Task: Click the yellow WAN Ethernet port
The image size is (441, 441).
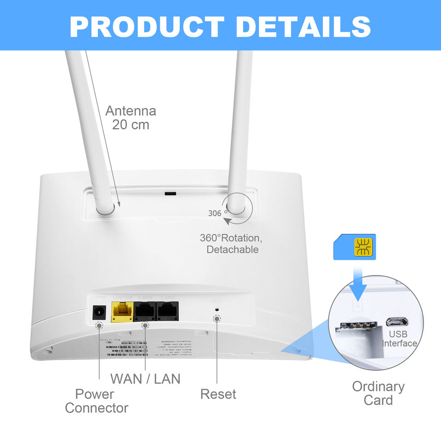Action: pos(122,313)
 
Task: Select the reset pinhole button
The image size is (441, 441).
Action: pos(217,318)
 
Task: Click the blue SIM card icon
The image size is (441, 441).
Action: pos(354,247)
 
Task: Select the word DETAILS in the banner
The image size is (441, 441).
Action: pos(304,26)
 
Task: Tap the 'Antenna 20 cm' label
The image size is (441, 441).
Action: pos(131,118)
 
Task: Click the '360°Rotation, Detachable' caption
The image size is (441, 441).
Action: pos(231,244)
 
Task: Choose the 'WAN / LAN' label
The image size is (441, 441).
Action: pos(145,379)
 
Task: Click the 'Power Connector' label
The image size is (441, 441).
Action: pos(96,401)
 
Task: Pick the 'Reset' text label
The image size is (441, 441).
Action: pos(218,394)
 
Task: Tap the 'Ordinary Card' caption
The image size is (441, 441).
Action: pos(378,393)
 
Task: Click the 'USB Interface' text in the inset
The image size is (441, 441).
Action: pos(399,339)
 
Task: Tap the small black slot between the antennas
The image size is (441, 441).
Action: pos(170,193)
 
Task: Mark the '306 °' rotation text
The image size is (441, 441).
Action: pos(218,213)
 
